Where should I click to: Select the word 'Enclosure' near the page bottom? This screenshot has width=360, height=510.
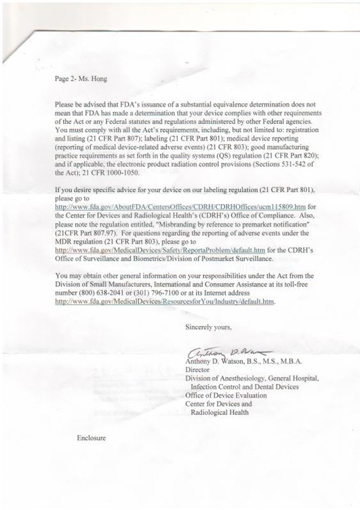[90, 438]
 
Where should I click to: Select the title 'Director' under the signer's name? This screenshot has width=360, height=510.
[197, 370]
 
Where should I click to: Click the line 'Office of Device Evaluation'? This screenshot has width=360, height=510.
[226, 395]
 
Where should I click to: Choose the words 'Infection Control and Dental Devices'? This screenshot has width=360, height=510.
[245, 387]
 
